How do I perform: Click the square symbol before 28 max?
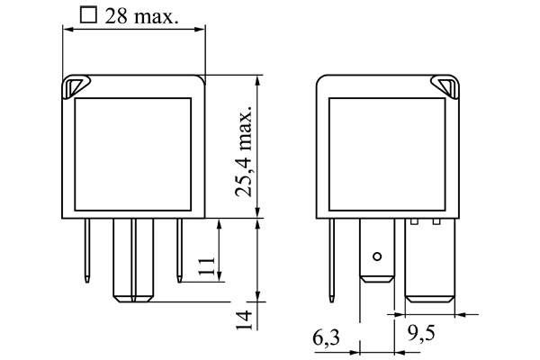click(x=87, y=15)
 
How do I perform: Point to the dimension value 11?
click(x=206, y=265)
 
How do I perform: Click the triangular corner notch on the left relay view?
click(x=73, y=86)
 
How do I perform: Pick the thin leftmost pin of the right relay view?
click(x=336, y=252)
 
